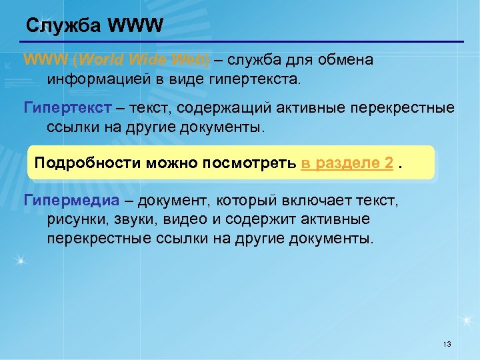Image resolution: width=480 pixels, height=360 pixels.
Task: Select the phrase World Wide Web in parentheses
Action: click(x=141, y=60)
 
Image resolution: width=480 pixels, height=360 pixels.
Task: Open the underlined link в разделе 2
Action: click(x=346, y=163)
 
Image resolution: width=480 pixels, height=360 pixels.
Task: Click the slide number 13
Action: click(x=447, y=344)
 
